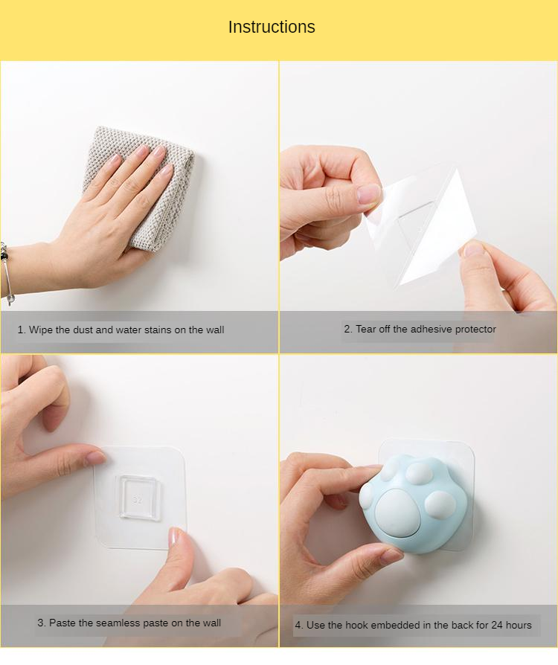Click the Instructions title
point(272,27)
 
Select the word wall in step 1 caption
point(215,330)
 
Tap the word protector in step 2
point(475,330)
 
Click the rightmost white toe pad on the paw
point(440,504)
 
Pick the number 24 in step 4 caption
point(497,625)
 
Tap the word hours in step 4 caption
point(519,625)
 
